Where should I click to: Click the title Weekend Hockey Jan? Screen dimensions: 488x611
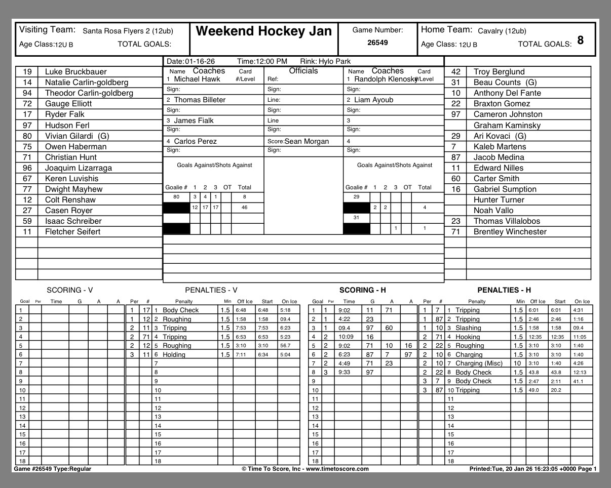pyautogui.click(x=263, y=31)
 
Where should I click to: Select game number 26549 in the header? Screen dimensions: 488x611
pyautogui.click(x=377, y=43)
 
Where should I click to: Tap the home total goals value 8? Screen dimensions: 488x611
pyautogui.click(x=580, y=40)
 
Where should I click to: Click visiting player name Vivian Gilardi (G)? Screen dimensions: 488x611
pyautogui.click(x=77, y=136)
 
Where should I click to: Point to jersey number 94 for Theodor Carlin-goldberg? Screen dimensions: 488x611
pyautogui.click(x=27, y=93)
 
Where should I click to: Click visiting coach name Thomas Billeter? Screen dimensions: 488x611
pyautogui.click(x=200, y=100)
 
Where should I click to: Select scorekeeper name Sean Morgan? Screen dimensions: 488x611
pyautogui.click(x=307, y=141)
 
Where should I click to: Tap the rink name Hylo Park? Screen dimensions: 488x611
pyautogui.click(x=334, y=61)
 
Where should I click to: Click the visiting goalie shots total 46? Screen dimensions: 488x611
pyautogui.click(x=244, y=208)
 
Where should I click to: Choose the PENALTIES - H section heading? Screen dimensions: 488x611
pyautogui.click(x=504, y=290)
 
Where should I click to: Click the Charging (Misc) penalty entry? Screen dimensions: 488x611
pyautogui.click(x=479, y=363)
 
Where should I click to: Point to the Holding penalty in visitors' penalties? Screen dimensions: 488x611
pyautogui.click(x=174, y=355)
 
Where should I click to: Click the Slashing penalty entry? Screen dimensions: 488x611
pyautogui.click(x=468, y=328)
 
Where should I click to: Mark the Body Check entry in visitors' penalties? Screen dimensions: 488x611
pyautogui.click(x=180, y=310)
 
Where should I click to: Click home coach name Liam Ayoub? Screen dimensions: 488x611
pyautogui.click(x=373, y=100)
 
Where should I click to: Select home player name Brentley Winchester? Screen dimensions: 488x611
pyautogui.click(x=510, y=232)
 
